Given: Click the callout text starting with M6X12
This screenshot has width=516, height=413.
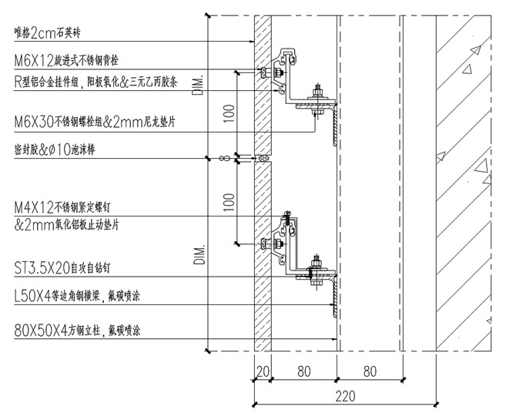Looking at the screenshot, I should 77,59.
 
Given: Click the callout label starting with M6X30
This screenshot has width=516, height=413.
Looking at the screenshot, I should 92,121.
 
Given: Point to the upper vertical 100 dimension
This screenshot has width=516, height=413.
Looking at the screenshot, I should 227,114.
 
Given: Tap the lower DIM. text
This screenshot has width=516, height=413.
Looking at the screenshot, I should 199,255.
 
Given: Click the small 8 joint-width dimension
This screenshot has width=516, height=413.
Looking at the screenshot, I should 223,159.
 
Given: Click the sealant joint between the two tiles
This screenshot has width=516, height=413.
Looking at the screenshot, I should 263,159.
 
